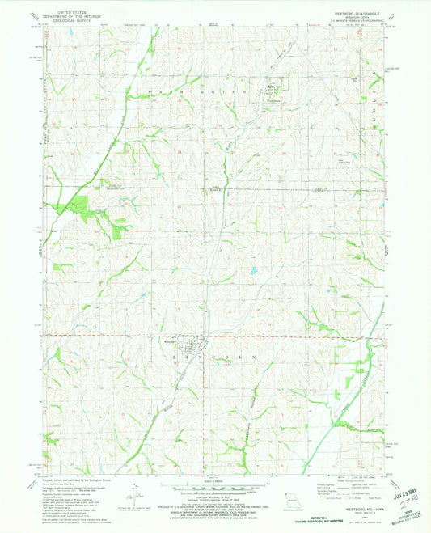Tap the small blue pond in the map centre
pyautogui.click(x=253, y=271)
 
